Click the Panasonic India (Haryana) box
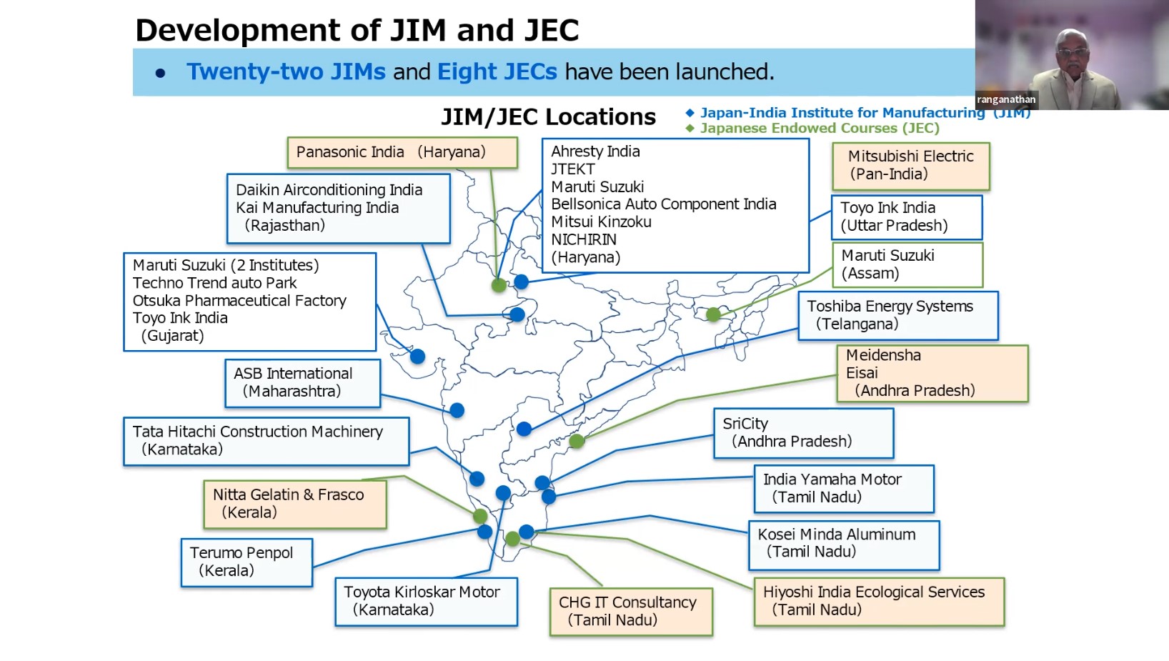pos(402,153)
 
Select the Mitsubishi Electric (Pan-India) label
pos(910,166)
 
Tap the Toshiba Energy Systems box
pos(897,315)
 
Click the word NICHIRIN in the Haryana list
pos(584,240)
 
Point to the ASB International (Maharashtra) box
pos(302,383)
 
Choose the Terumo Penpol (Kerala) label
pos(247,562)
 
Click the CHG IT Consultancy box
pos(631,612)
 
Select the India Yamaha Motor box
pos(844,489)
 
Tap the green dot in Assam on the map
pos(713,314)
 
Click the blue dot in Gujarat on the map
pos(418,356)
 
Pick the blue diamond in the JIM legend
pos(690,113)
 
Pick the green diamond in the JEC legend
pos(690,129)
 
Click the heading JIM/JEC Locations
pos(548,117)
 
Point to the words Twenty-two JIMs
pos(286,72)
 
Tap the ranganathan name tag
pos(1006,99)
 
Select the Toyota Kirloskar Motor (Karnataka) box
pos(426,602)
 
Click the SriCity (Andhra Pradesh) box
pos(803,433)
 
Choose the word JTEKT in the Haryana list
pos(573,169)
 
